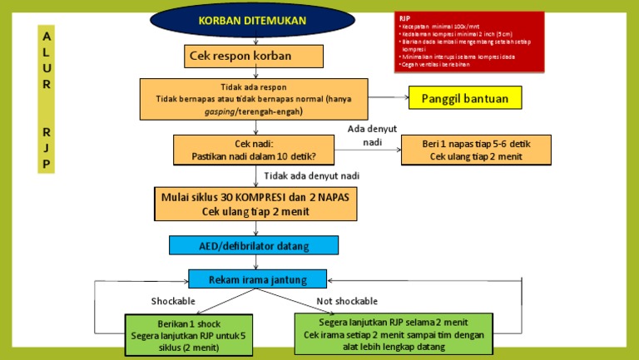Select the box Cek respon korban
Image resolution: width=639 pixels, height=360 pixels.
pyautogui.click(x=254, y=56)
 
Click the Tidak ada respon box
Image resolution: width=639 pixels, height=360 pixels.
pyautogui.click(x=254, y=98)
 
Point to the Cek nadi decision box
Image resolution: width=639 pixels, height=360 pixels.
pyautogui.click(x=254, y=149)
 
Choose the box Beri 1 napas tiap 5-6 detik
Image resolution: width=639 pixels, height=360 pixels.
pyautogui.click(x=482, y=149)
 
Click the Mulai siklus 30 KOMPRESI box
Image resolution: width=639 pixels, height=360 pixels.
pyautogui.click(x=255, y=205)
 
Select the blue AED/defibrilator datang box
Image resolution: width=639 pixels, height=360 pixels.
pyautogui.click(x=254, y=245)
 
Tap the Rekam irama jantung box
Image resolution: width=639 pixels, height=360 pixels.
pyautogui.click(x=258, y=279)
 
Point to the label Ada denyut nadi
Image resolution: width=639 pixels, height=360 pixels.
pyautogui.click(x=372, y=135)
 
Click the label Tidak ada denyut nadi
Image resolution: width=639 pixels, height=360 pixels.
pyautogui.click(x=312, y=175)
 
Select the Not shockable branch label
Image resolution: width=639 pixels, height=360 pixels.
pyautogui.click(x=347, y=300)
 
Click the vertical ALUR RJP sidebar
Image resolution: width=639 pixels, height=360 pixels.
pyautogui.click(x=47, y=99)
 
